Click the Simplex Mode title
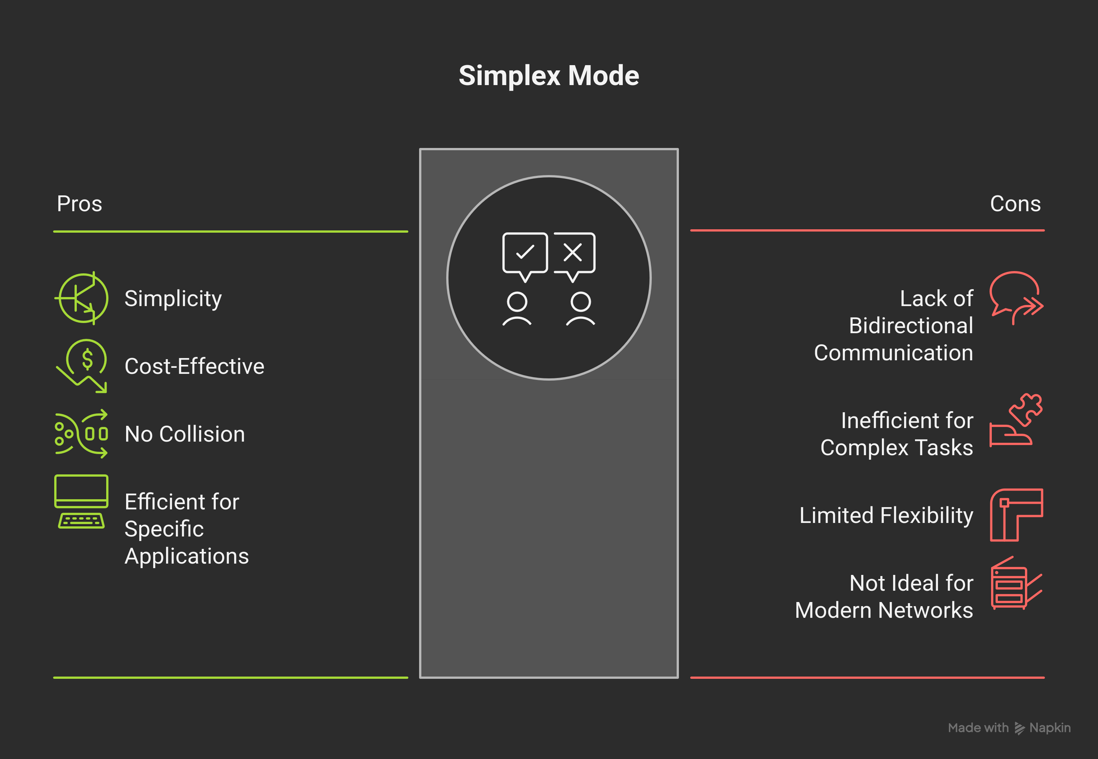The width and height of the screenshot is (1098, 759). [549, 76]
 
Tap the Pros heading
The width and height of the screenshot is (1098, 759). [79, 204]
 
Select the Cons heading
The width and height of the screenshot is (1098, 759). [1015, 204]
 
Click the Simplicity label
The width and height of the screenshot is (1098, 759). [173, 299]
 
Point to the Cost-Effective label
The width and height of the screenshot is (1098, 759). [194, 366]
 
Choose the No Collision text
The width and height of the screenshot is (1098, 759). [185, 434]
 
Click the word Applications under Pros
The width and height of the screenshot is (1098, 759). [186, 556]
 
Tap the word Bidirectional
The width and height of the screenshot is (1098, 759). [910, 326]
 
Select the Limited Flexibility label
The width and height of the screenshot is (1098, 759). [886, 515]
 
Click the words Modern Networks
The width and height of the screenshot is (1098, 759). [883, 610]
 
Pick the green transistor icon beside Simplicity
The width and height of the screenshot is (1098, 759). [82, 298]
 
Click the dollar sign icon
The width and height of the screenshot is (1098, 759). [87, 359]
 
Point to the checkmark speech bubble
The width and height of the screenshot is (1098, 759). [525, 253]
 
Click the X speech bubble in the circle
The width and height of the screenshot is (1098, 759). [573, 253]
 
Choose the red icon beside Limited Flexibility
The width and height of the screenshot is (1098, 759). [1016, 515]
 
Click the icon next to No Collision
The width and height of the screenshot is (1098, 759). [81, 434]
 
